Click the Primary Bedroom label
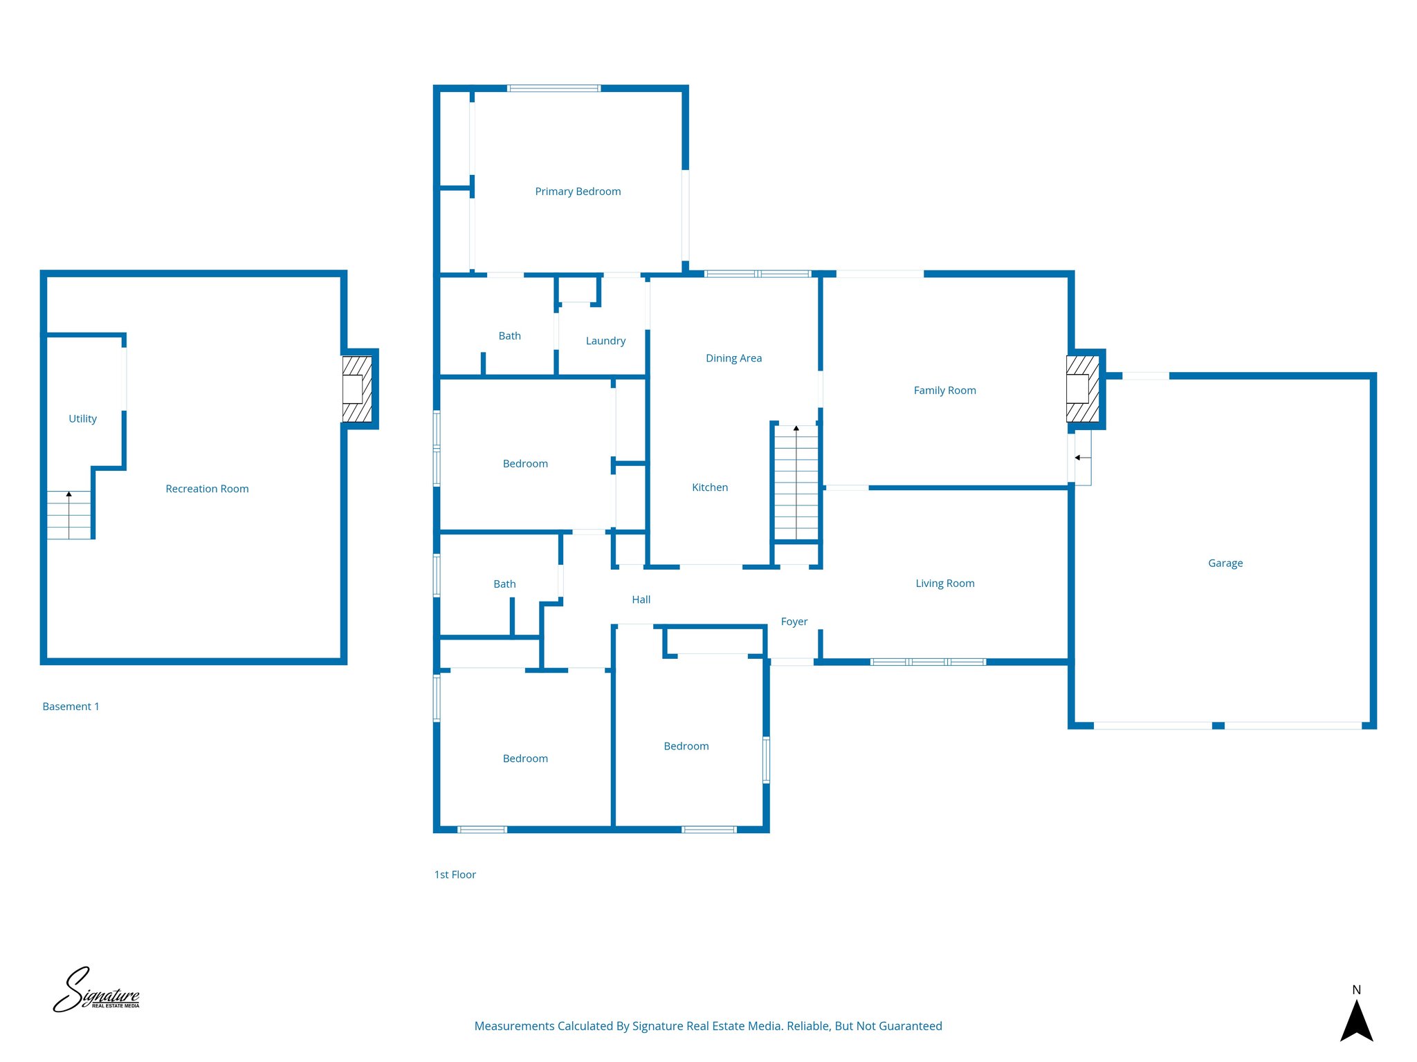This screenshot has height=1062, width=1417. pyautogui.click(x=578, y=192)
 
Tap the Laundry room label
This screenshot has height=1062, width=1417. pyautogui.click(x=605, y=341)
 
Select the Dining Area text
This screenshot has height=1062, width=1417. pyautogui.click(x=733, y=358)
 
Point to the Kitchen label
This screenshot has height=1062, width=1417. pyautogui.click(x=710, y=487)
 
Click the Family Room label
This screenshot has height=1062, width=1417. pyautogui.click(x=944, y=391)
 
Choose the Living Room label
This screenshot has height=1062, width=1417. pyautogui.click(x=944, y=584)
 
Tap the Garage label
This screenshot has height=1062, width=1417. pyautogui.click(x=1225, y=563)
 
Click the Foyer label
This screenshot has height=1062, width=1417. pyautogui.click(x=794, y=622)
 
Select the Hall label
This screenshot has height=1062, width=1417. pyautogui.click(x=641, y=599)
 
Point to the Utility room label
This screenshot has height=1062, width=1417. pyautogui.click(x=82, y=419)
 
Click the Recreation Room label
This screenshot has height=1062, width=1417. pyautogui.click(x=207, y=489)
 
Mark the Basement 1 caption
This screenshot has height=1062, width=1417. pyautogui.click(x=71, y=707)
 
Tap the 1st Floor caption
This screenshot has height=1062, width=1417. pyautogui.click(x=455, y=875)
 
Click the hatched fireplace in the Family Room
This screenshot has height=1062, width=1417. pyautogui.click(x=1082, y=389)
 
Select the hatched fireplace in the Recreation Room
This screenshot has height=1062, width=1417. pyautogui.click(x=357, y=389)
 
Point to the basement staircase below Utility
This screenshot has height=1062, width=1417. pyautogui.click(x=68, y=515)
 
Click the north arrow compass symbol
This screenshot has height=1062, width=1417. pyautogui.click(x=1356, y=1016)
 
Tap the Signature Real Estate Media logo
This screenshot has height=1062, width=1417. pyautogui.click(x=96, y=990)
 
